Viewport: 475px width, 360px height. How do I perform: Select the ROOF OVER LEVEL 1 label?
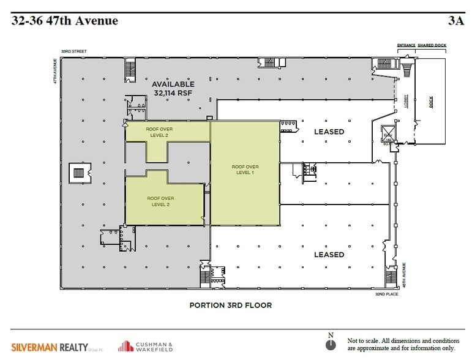click(x=244, y=170)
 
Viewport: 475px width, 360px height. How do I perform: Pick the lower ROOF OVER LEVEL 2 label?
click(x=160, y=201)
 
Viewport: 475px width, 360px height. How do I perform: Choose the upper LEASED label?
click(x=329, y=132)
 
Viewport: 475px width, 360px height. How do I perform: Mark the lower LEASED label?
click(x=329, y=254)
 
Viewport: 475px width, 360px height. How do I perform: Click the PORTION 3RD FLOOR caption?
click(x=230, y=304)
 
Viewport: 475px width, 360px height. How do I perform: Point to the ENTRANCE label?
click(x=406, y=45)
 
